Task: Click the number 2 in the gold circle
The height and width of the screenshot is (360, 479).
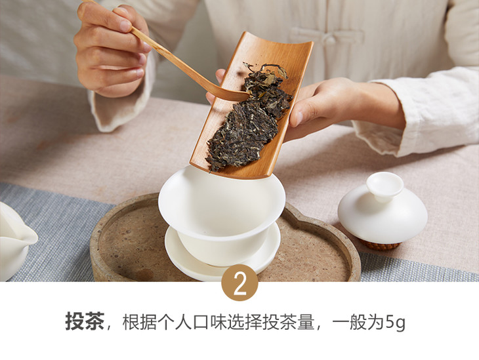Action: [x=239, y=283]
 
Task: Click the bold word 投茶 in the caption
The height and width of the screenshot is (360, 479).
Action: [x=85, y=321]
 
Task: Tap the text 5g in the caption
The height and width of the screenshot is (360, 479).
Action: [x=395, y=322]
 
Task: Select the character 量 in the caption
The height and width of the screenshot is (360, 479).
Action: [x=306, y=321]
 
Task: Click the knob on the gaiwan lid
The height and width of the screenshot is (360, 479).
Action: [x=385, y=186]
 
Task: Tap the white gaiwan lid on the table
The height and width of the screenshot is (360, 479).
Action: [x=383, y=208]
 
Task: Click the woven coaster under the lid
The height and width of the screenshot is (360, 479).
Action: [x=380, y=245]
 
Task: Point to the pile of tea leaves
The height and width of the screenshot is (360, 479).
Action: [x=249, y=117]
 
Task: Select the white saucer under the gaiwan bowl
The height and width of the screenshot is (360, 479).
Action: [x=222, y=253]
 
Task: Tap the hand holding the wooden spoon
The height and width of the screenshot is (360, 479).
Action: [x=112, y=49]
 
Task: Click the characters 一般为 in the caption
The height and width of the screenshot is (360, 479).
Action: [x=358, y=321]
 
